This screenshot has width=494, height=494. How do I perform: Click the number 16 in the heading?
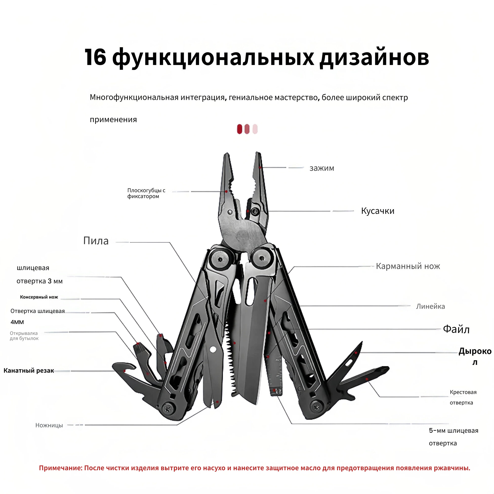(95, 57)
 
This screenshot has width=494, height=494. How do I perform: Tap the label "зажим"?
(322, 168)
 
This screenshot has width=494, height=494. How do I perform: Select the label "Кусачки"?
(377, 211)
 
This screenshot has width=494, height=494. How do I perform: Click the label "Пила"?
(96, 241)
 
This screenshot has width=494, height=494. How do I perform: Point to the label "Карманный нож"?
(408, 266)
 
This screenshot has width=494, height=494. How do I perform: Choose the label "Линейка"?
(430, 306)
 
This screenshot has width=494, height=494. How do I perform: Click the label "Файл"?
(456, 329)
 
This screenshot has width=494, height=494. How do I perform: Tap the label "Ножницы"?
(49, 425)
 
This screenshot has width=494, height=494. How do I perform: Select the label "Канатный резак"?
(29, 370)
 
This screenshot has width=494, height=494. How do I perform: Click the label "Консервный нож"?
(39, 297)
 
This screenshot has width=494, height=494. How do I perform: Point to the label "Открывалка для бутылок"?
(24, 336)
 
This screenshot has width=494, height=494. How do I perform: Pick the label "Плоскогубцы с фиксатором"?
(146, 193)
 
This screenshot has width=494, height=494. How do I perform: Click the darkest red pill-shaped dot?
(239, 129)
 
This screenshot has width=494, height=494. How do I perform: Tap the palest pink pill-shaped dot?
(255, 129)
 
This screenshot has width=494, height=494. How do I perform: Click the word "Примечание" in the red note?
(60, 468)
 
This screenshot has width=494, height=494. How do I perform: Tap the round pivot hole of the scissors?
(212, 349)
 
